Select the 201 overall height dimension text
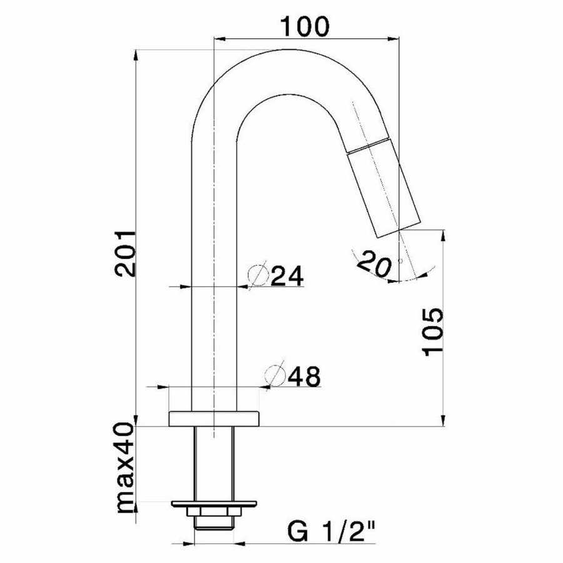point(124,253)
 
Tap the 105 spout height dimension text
point(434,332)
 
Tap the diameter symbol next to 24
point(258,276)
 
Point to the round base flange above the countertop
point(214,418)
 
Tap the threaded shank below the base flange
point(214,463)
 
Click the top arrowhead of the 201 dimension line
point(136,55)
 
